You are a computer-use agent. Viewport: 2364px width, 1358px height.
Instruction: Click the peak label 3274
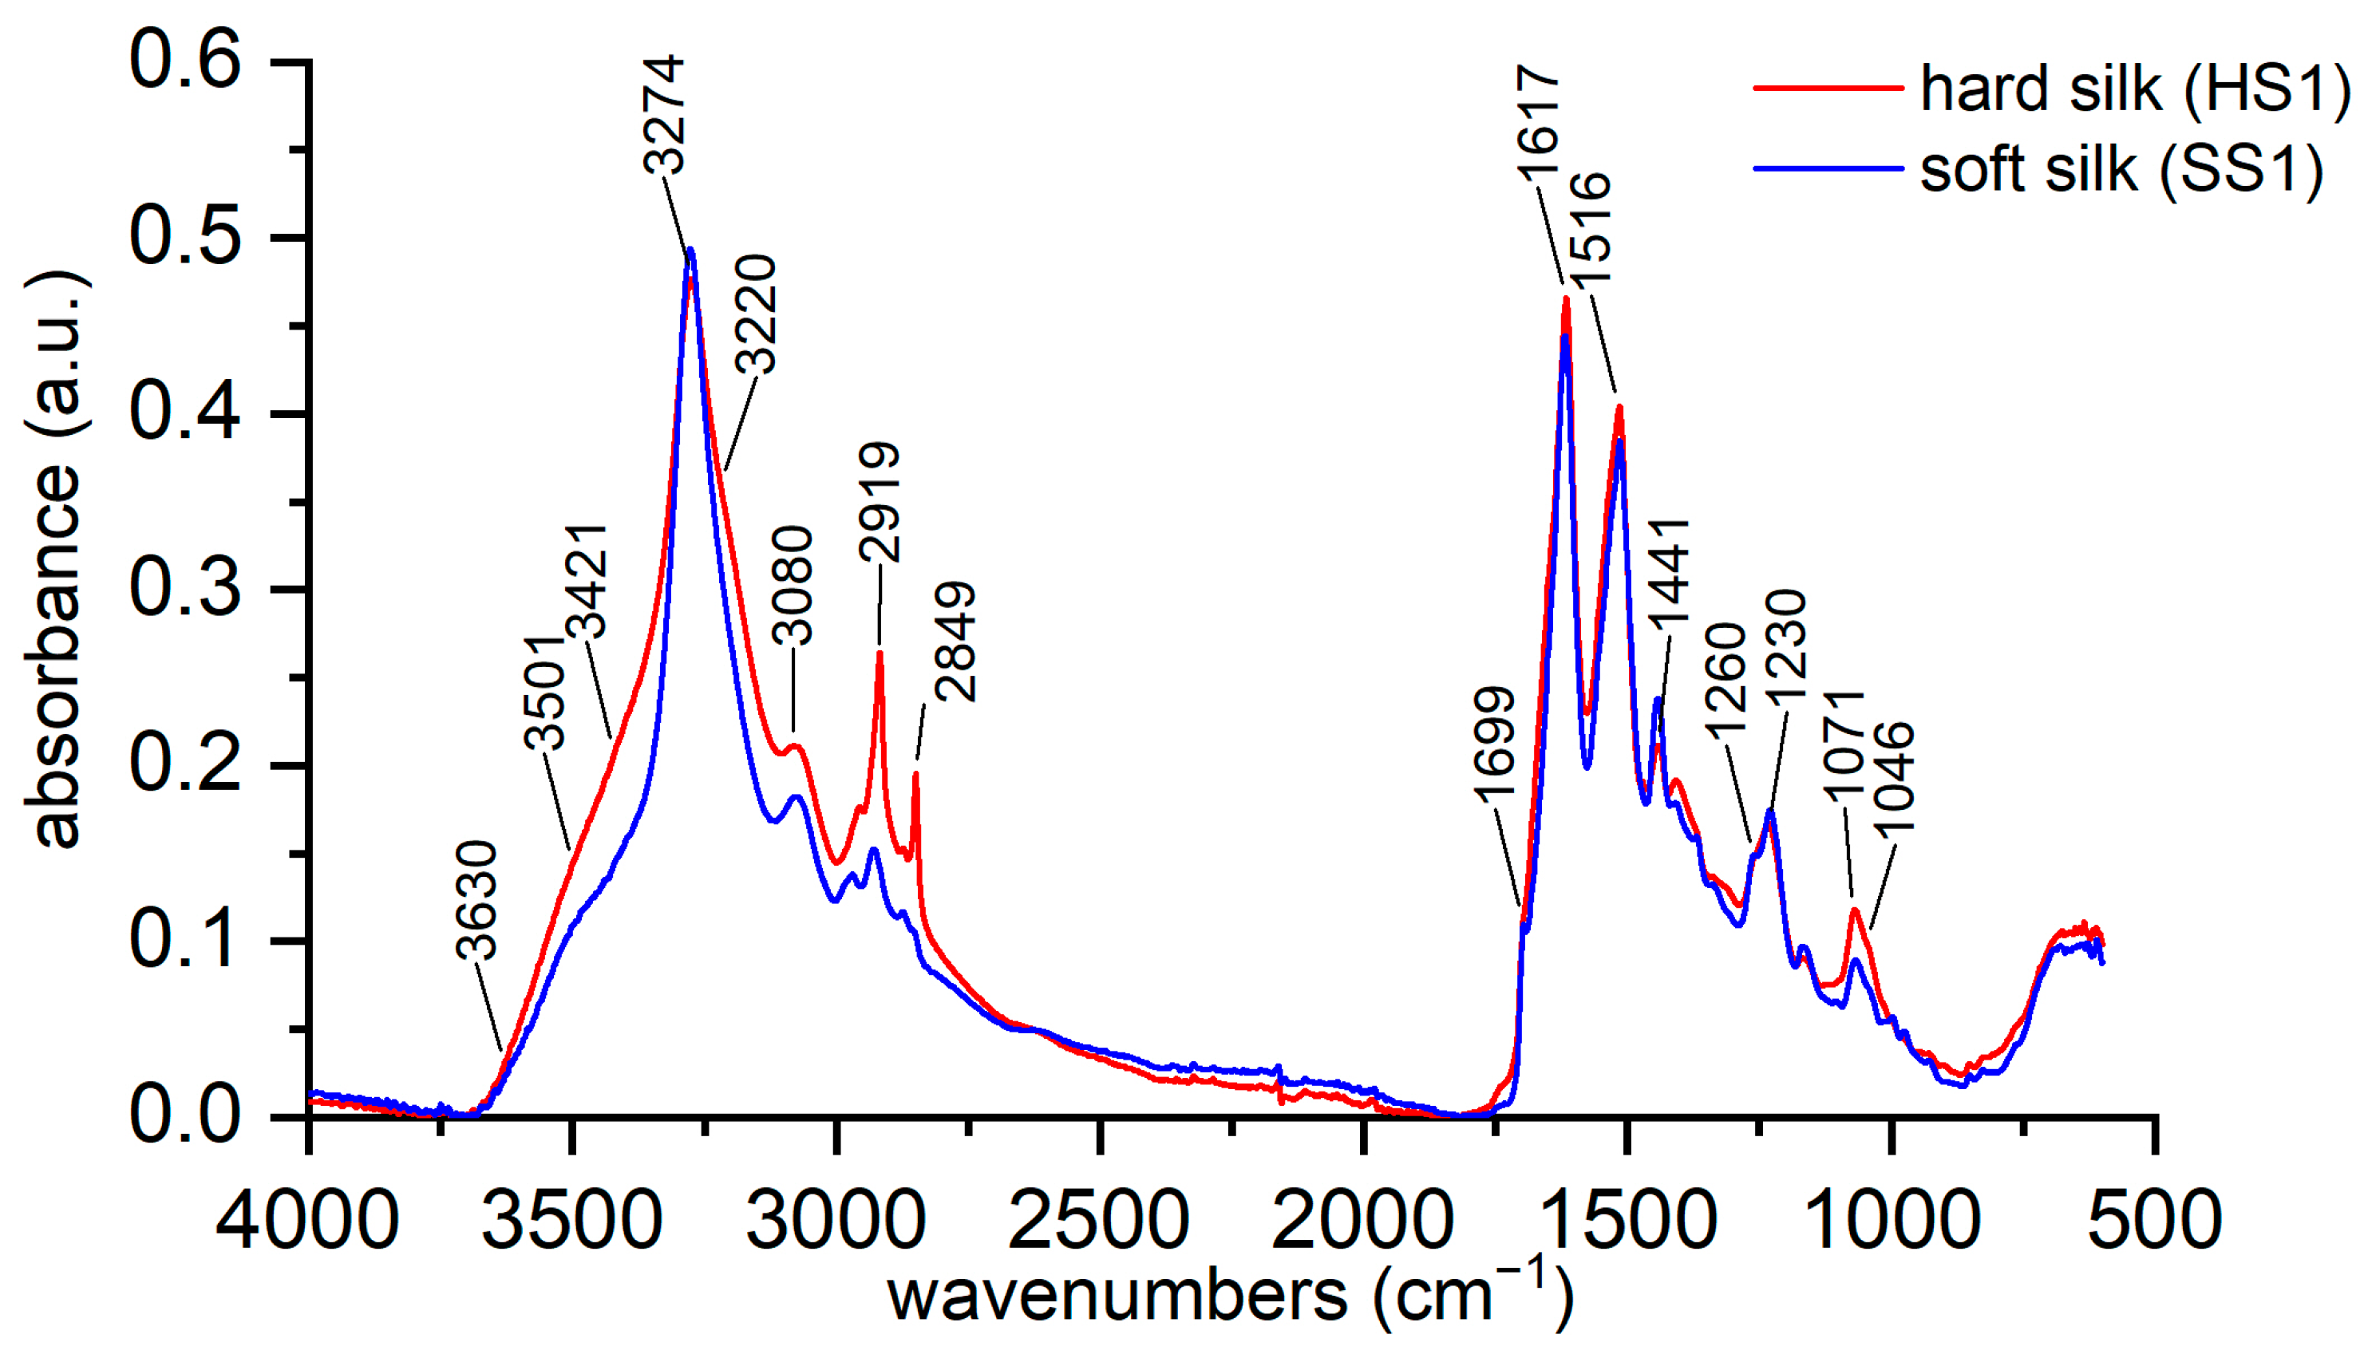click(x=666, y=115)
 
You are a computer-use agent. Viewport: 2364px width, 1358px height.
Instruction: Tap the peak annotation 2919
click(x=880, y=501)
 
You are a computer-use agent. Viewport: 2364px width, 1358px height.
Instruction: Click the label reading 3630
click(x=476, y=900)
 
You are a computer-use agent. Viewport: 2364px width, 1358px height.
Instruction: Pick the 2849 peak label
click(x=955, y=641)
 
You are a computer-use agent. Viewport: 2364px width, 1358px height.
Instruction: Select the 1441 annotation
click(x=1668, y=570)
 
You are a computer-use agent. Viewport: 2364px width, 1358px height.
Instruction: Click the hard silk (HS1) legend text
click(x=2134, y=89)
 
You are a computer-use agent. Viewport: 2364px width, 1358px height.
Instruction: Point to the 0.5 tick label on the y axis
click(x=184, y=237)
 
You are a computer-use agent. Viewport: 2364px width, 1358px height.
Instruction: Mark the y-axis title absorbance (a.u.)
click(x=56, y=559)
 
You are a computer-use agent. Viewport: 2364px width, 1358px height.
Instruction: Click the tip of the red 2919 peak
click(x=880, y=653)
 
